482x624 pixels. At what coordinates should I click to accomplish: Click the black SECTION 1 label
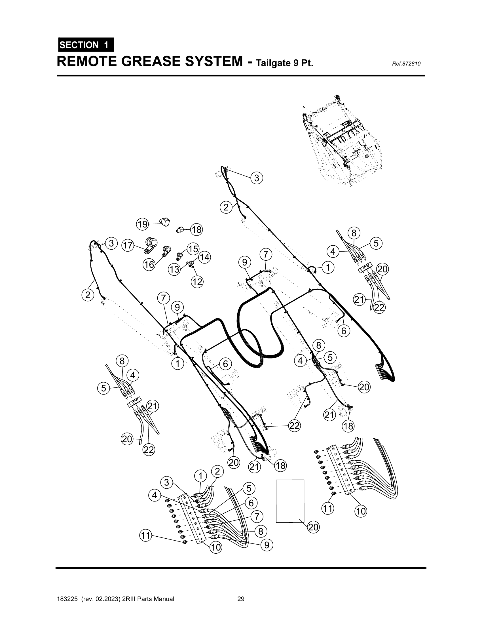86,45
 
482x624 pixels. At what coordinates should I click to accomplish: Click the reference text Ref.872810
406,64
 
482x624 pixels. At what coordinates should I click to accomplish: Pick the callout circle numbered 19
143,224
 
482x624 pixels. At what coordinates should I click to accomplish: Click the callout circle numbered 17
128,245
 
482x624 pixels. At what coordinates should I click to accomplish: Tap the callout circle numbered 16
149,265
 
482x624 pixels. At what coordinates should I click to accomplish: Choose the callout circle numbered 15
193,248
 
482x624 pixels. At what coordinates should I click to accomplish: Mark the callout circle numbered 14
204,258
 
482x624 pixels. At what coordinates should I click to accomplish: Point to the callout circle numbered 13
174,269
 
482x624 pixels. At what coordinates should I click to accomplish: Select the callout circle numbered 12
197,282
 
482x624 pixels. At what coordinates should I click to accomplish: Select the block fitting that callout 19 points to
164,222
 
